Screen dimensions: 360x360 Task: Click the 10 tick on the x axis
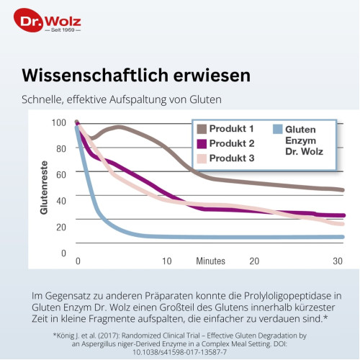pos(166,261)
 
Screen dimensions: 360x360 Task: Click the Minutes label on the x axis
pos(212,261)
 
